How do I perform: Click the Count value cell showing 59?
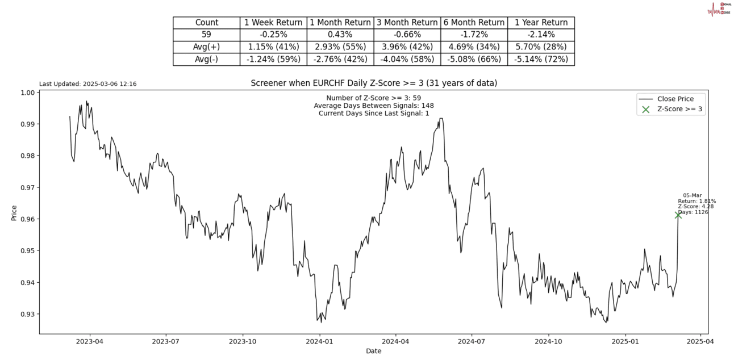point(206,35)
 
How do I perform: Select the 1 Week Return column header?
point(273,23)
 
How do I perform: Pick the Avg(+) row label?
point(206,47)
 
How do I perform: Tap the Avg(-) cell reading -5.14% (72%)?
point(541,59)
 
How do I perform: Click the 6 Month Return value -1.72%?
point(474,35)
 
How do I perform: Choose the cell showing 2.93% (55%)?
point(340,47)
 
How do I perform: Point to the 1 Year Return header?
point(541,23)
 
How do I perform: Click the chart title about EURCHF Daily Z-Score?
point(374,83)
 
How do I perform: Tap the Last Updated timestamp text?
point(87,84)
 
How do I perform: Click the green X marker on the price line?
point(678,215)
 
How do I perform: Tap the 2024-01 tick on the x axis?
point(319,342)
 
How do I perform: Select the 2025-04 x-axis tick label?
point(699,342)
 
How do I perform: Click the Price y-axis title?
point(14,212)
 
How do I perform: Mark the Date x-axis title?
point(373,351)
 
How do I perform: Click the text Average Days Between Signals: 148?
point(373,106)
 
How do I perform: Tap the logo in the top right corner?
point(719,9)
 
